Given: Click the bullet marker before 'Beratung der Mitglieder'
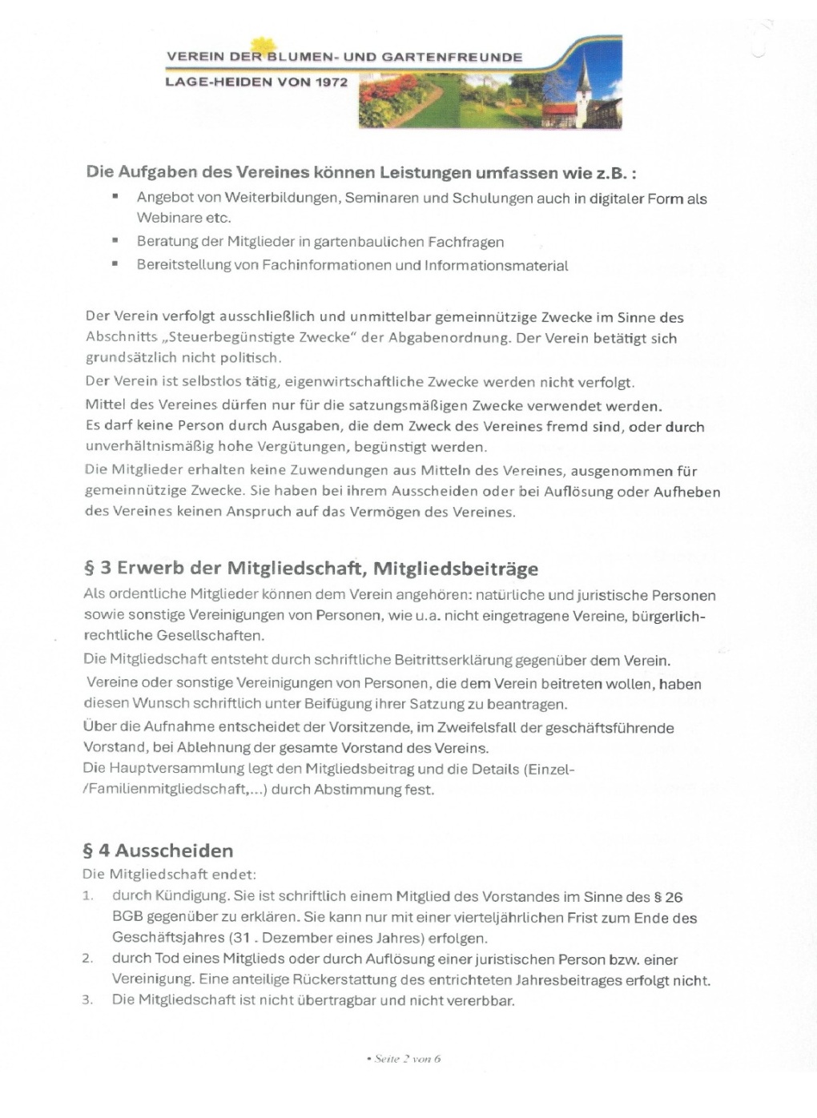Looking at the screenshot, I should click(x=115, y=240).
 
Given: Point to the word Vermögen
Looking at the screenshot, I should click(x=384, y=512).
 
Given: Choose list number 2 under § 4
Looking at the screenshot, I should click(x=87, y=959).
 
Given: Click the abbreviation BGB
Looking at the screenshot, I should click(x=127, y=918).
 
